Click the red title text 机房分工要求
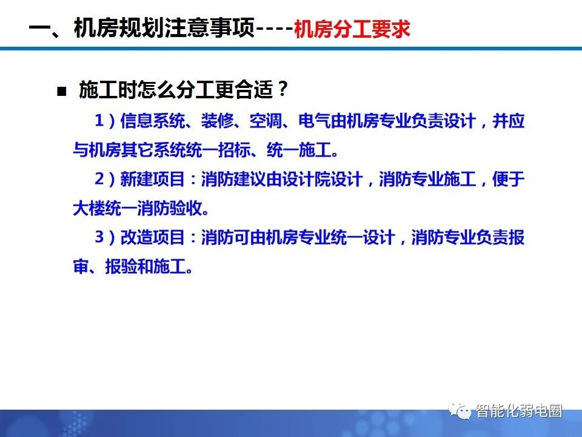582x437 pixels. point(352,30)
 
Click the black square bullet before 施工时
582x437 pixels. point(61,92)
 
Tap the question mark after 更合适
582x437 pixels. point(281,91)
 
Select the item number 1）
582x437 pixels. point(104,121)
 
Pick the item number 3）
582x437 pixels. point(104,237)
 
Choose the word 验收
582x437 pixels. point(184,208)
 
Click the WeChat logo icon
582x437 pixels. point(463,412)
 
